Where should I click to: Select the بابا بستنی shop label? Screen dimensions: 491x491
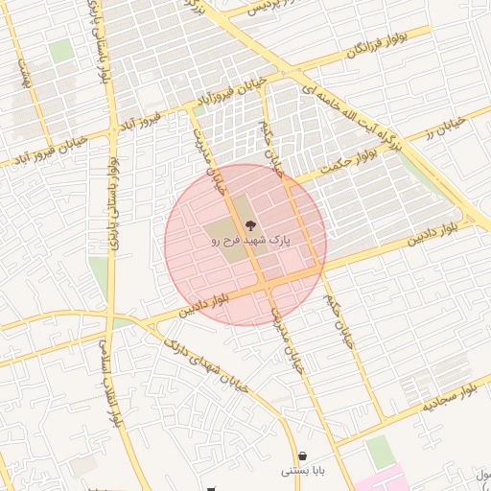303,471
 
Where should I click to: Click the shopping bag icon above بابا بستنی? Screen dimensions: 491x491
303,456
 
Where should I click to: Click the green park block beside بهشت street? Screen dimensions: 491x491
60,51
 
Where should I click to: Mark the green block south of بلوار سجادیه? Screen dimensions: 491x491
380,452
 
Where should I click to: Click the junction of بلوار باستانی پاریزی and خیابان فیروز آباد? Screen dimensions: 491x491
111,130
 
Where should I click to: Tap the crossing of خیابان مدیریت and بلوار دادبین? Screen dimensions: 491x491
261,286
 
